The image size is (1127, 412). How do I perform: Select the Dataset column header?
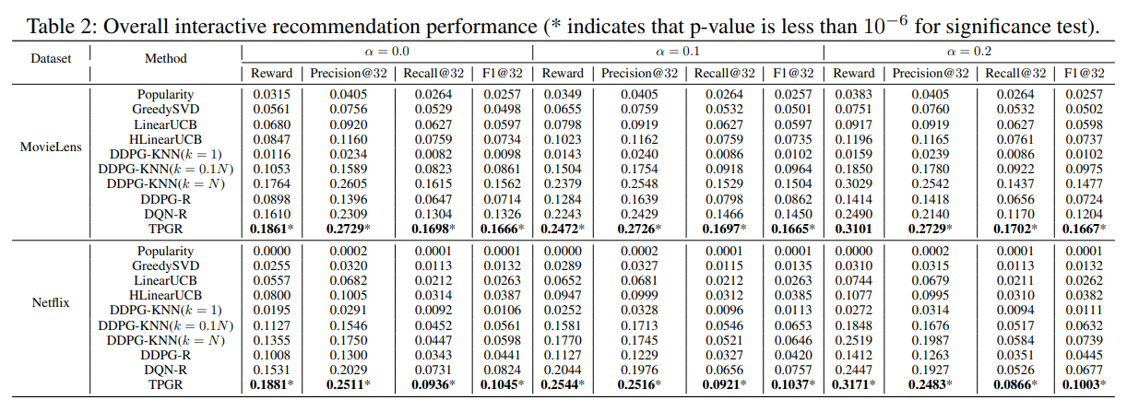point(51,58)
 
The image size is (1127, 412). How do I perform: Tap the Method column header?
point(166,58)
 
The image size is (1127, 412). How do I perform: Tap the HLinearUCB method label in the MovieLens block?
point(166,138)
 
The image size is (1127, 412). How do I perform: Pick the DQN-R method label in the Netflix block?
point(166,369)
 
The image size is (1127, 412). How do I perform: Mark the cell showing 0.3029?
point(853,182)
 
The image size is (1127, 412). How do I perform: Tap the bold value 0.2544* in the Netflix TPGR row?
point(563,383)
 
